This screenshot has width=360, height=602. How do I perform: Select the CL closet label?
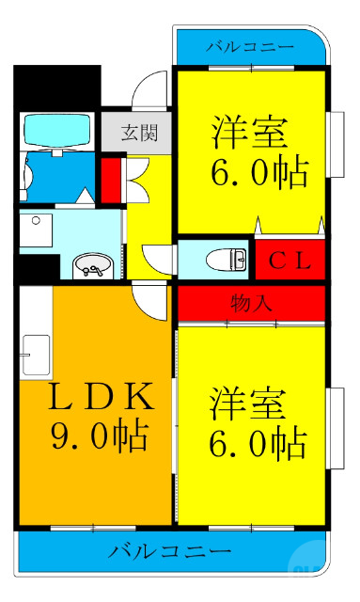(x=290, y=260)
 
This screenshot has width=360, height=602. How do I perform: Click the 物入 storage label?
(x=252, y=303)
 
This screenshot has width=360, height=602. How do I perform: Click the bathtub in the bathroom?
(x=55, y=131)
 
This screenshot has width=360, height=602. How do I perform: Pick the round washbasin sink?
(x=92, y=267)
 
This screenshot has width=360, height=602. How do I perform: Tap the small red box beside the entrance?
(x=110, y=178)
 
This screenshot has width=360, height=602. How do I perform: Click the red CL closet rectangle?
(x=290, y=259)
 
